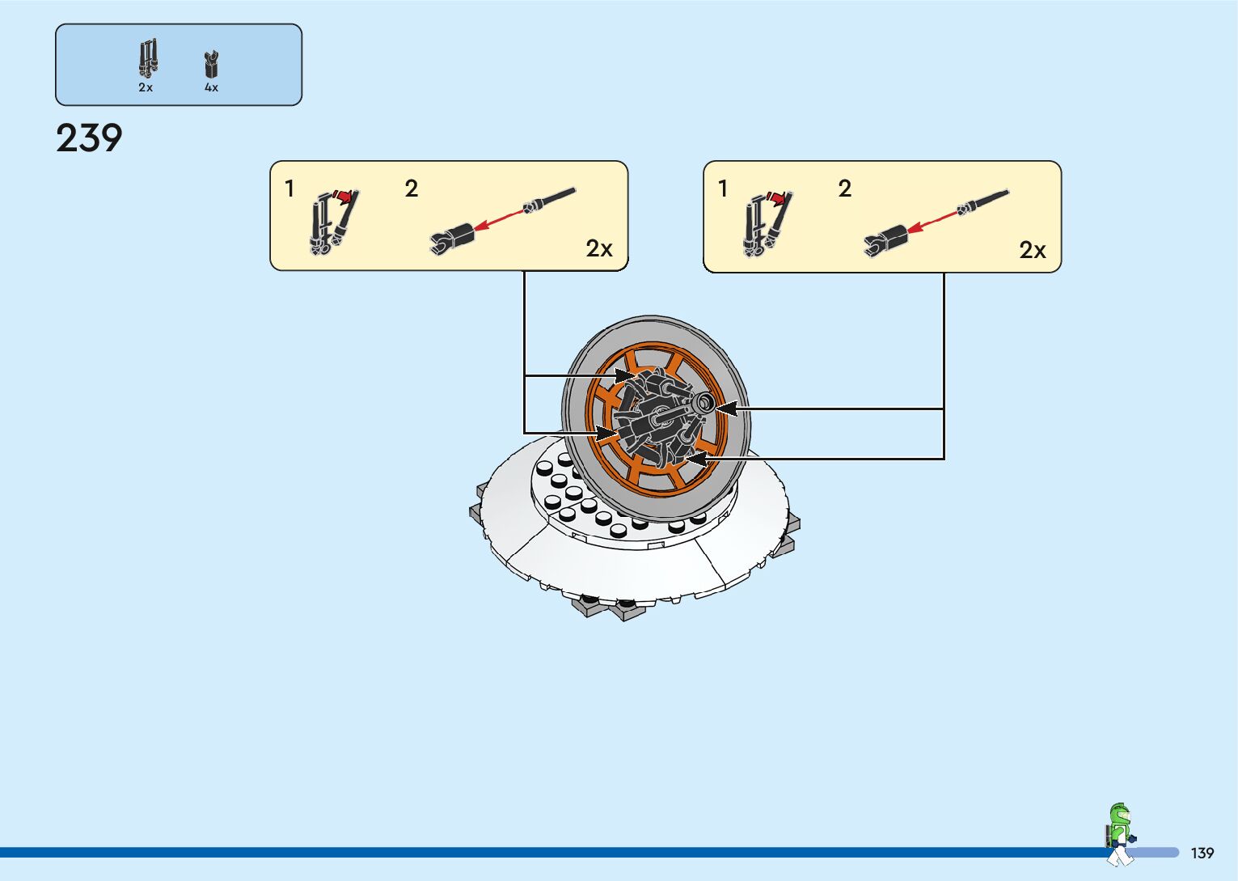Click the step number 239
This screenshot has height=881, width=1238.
(89, 138)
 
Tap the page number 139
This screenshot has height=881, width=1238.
(1202, 853)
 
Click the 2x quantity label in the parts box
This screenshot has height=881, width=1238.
(146, 87)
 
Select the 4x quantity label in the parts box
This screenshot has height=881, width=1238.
(211, 87)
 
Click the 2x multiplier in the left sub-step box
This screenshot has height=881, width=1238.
(599, 248)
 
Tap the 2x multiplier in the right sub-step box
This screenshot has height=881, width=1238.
(1033, 250)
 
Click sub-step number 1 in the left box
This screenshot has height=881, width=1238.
(289, 188)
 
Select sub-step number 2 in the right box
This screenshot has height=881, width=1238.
(844, 188)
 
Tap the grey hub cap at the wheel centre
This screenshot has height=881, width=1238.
(702, 402)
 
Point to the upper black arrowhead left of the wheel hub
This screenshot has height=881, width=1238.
(626, 375)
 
